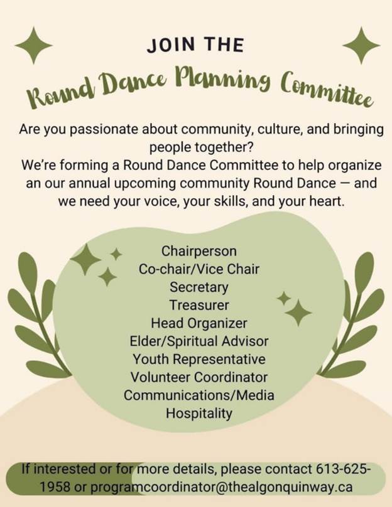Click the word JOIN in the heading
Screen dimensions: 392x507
[171, 45]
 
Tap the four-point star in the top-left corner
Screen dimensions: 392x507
[34, 45]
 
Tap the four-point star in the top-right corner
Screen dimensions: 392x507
[361, 45]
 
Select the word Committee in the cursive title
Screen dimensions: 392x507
[327, 90]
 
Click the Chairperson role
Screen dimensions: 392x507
[199, 251]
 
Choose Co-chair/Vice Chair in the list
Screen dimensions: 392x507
[199, 269]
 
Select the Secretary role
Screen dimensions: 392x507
[199, 287]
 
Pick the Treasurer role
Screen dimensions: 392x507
[199, 305]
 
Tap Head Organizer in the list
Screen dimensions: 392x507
[199, 323]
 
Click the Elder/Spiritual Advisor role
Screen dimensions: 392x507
[199, 341]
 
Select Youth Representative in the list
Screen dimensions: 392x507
[199, 360]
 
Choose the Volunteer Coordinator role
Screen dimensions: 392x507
[199, 377]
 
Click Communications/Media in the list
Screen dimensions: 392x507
[199, 395]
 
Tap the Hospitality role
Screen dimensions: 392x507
[199, 414]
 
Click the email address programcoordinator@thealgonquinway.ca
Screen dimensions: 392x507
[221, 487]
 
